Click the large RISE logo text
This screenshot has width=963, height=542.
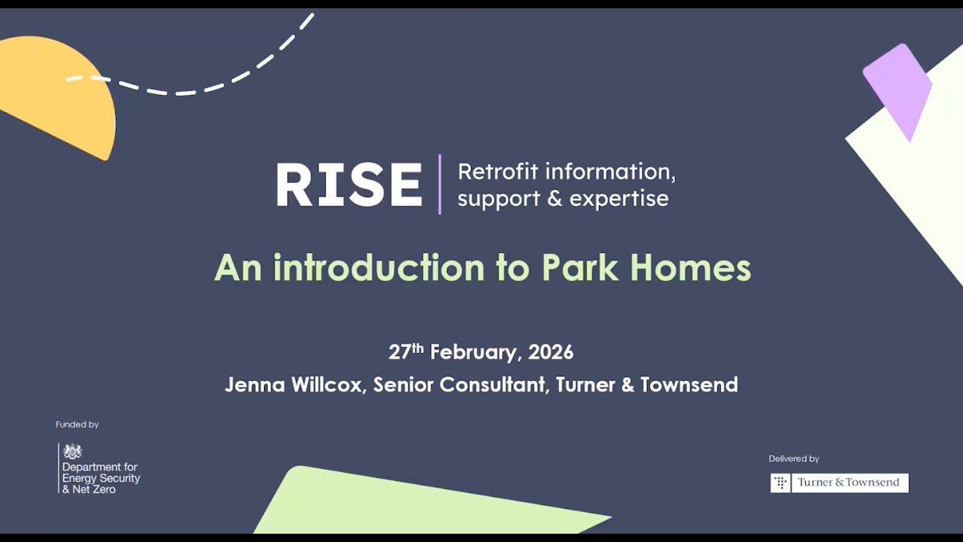[x=349, y=185]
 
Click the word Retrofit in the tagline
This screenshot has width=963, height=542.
[x=497, y=172]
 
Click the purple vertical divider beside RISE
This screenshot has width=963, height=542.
[x=440, y=185]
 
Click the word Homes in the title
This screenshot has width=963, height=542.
[x=690, y=267]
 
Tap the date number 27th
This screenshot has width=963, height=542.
[x=406, y=352]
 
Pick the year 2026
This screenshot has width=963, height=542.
[x=551, y=352]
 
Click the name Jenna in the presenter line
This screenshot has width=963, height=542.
[x=254, y=385]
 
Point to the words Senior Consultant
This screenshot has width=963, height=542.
[x=459, y=385]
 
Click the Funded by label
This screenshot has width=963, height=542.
[x=77, y=425]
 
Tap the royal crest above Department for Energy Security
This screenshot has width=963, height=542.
[x=72, y=452]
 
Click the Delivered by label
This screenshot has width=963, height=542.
[x=794, y=458]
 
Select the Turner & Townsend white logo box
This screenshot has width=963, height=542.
[x=840, y=483]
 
